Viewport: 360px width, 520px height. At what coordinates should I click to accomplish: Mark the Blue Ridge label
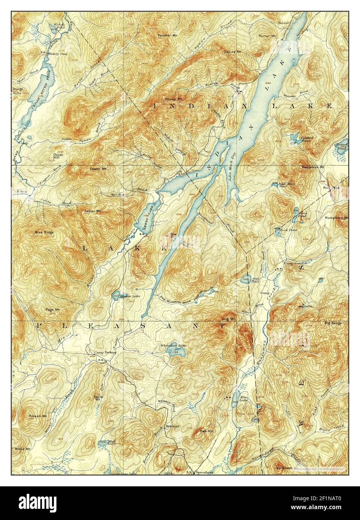point(44,232)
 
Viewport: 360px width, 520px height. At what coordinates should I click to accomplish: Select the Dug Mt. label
point(228,319)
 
